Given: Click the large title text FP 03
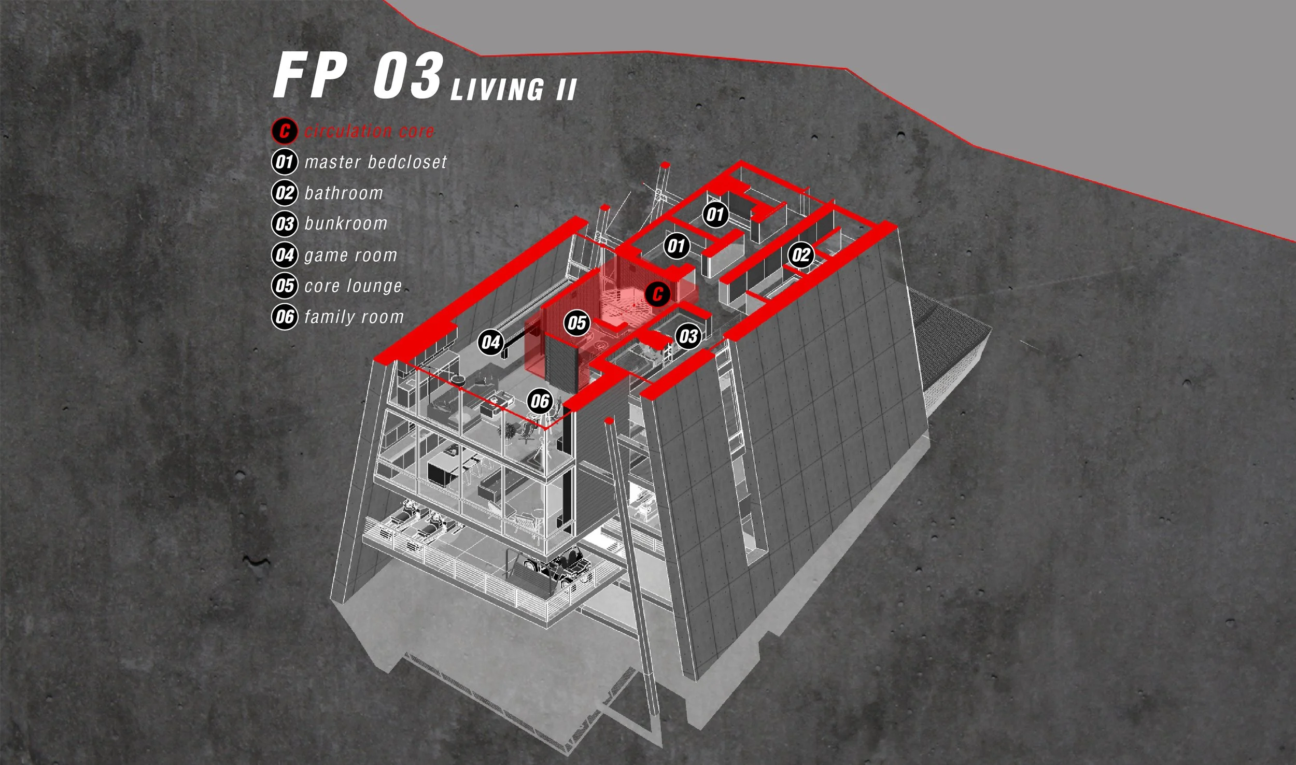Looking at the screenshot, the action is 358,76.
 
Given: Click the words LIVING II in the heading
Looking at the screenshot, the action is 513,89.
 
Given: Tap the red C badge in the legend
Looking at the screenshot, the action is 285,131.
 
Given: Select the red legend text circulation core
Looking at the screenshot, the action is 369,131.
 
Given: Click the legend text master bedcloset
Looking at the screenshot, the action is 375,162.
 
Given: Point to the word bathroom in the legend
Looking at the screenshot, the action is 344,193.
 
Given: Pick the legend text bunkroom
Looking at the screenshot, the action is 346,224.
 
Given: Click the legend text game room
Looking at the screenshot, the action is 351,255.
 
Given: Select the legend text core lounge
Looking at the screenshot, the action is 353,286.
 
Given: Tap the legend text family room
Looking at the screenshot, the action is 354,317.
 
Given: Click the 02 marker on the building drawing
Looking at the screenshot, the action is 801,254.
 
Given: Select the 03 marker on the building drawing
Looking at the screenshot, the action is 688,336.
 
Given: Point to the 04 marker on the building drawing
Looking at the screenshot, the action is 490,342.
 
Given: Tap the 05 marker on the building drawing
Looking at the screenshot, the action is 576,323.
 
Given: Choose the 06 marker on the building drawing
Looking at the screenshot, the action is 540,401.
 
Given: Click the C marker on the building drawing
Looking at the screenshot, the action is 658,294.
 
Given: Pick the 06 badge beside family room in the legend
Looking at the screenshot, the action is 285,317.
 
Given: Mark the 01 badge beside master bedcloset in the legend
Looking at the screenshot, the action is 285,162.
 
